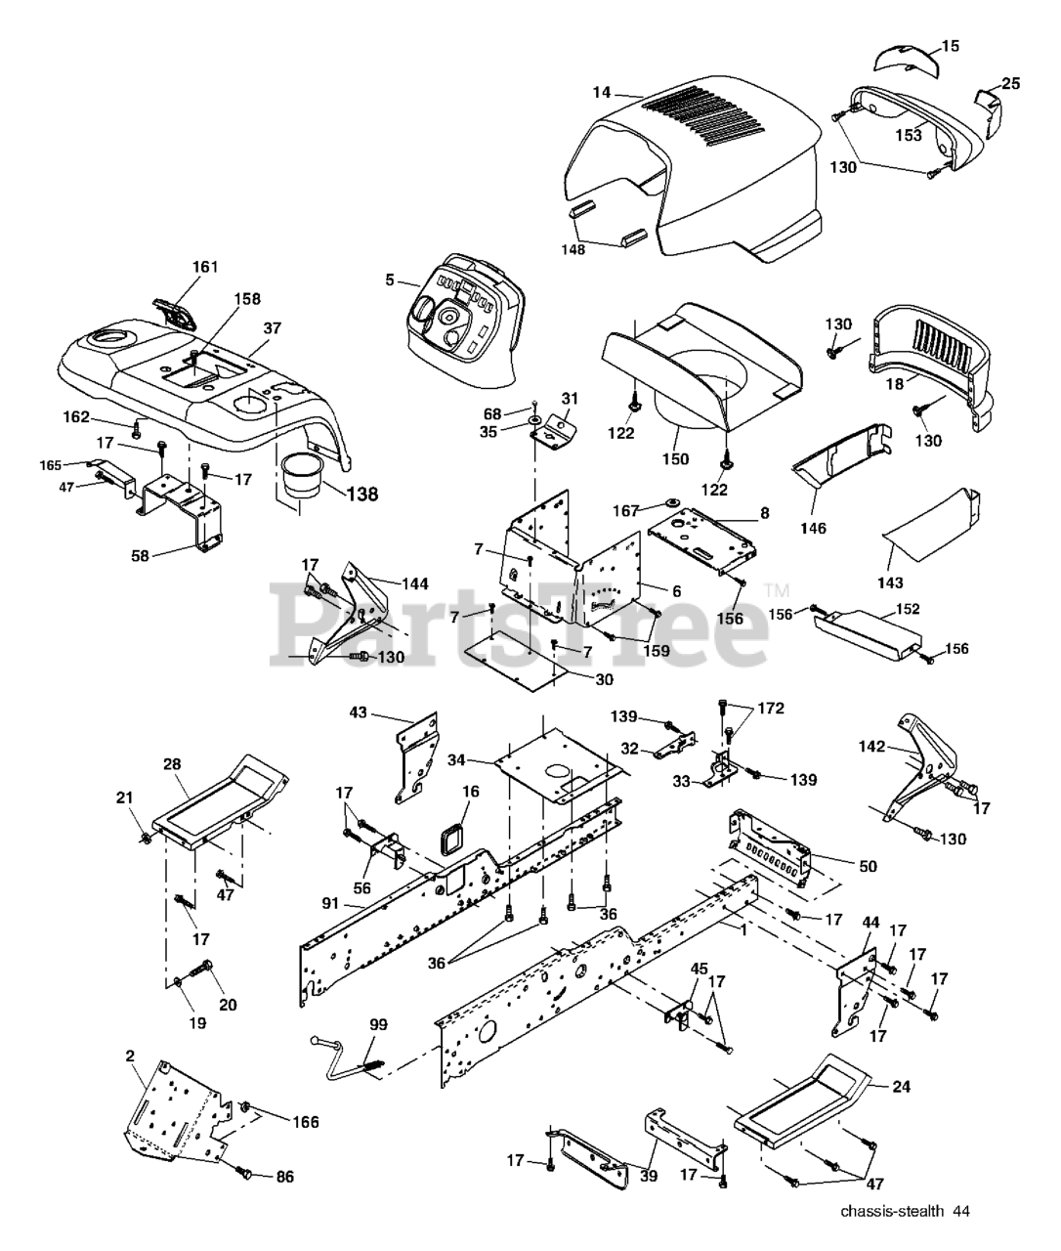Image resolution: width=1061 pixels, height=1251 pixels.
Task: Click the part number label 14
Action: pos(601,93)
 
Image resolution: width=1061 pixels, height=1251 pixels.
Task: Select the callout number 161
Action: pos(205,267)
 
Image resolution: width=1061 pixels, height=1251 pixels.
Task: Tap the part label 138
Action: pos(361,495)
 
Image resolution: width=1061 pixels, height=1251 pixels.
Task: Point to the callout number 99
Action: pos(378,1024)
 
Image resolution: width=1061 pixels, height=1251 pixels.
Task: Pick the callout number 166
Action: pos(305,1122)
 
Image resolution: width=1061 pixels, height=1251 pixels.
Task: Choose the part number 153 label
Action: pos(909,136)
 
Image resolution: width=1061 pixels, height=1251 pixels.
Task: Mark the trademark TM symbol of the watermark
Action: pos(776,589)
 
